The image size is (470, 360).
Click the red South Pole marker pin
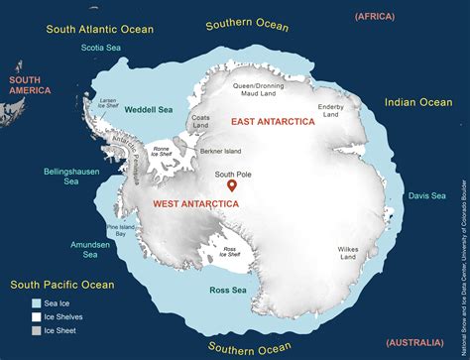[x=232, y=184]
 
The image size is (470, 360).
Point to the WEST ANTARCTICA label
[x=195, y=203]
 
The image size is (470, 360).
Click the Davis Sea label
[x=426, y=196]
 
